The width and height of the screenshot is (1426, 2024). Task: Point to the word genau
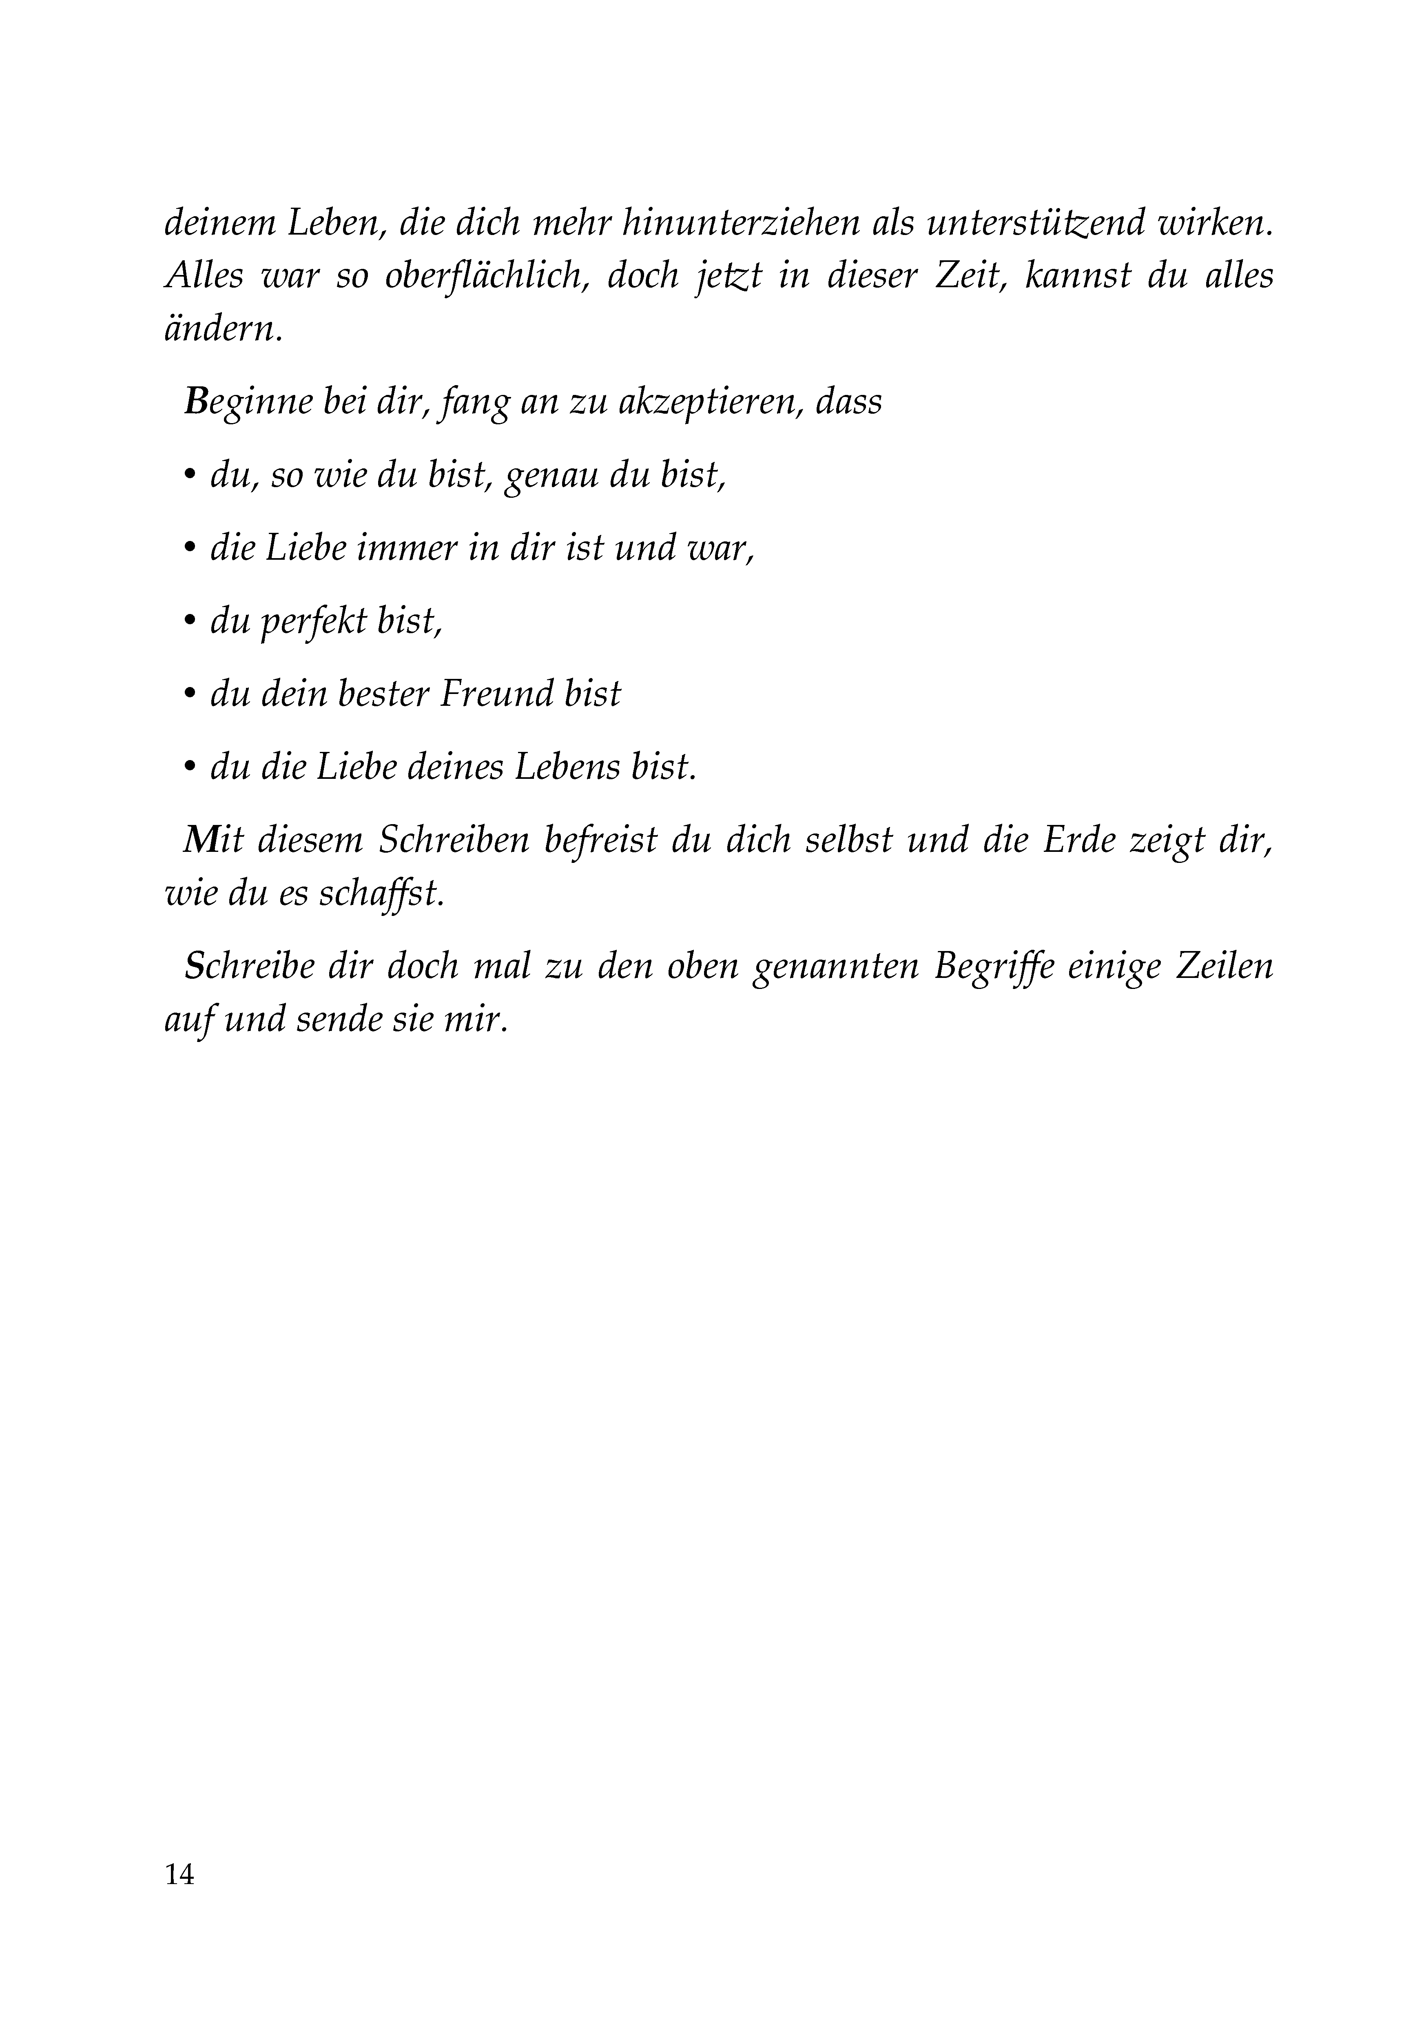[550, 477]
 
